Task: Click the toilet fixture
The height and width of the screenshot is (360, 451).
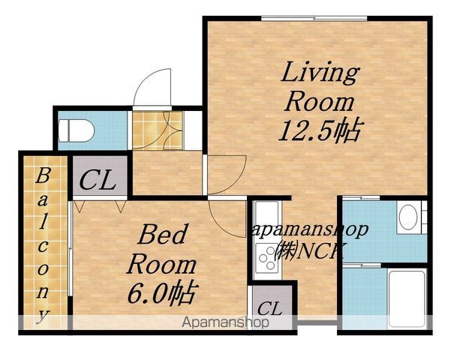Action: (x=76, y=130)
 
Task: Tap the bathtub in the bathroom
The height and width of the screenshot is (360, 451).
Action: (x=407, y=299)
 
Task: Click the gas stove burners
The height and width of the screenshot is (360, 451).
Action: (x=267, y=258)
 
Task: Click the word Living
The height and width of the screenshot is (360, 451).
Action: (x=320, y=72)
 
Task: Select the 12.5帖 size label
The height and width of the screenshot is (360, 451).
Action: (x=320, y=130)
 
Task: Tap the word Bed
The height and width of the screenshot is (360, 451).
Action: (x=162, y=234)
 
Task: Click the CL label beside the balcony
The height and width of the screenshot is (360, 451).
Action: (x=98, y=181)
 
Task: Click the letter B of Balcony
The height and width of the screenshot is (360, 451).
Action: (x=43, y=175)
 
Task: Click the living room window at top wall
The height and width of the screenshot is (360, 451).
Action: (x=314, y=19)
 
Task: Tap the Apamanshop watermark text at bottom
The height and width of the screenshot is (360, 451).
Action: (x=225, y=322)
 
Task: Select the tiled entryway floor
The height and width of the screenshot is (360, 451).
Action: (x=158, y=130)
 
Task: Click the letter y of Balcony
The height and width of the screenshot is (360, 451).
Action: (x=43, y=316)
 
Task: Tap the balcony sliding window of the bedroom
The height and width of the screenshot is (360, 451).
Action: (x=70, y=247)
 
